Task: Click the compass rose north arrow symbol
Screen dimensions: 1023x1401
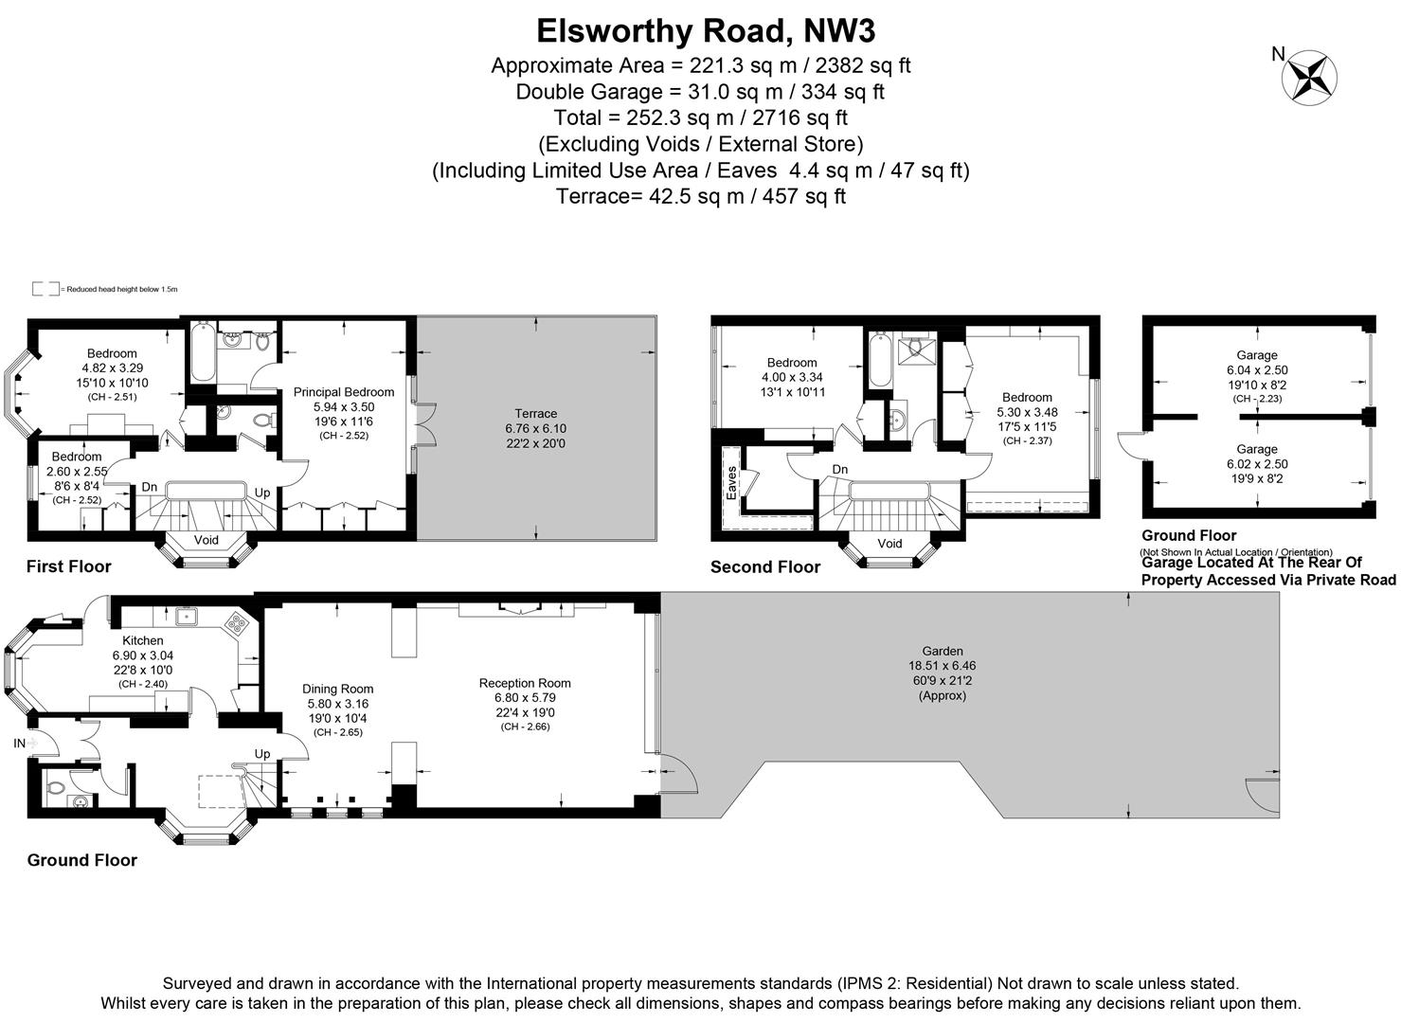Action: click(1309, 78)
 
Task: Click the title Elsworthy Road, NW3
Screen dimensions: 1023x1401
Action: click(706, 30)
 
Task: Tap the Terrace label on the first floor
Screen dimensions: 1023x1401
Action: click(535, 414)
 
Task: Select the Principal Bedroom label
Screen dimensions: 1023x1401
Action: click(343, 392)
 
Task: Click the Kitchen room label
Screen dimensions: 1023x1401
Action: click(143, 641)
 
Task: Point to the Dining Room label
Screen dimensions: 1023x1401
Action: click(337, 690)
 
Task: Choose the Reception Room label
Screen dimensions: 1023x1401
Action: click(525, 683)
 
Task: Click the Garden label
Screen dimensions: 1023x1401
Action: click(942, 651)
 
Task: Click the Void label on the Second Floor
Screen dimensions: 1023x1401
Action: click(889, 544)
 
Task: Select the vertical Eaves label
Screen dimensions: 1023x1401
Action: click(731, 482)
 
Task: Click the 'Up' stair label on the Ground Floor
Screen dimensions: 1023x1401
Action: click(262, 754)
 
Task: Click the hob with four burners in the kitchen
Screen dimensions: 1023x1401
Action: click(236, 624)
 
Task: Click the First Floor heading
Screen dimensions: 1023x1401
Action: click(68, 566)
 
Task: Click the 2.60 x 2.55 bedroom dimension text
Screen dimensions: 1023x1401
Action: click(77, 471)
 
